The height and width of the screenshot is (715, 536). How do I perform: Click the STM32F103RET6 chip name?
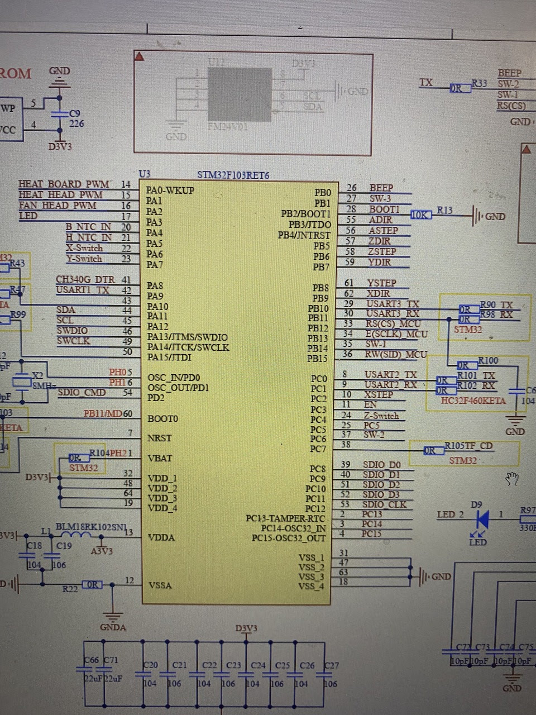(x=233, y=175)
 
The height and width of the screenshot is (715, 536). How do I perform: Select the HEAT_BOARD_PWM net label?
(x=64, y=184)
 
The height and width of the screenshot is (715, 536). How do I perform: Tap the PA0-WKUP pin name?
(x=170, y=190)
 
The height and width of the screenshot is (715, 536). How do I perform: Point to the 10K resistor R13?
(x=421, y=214)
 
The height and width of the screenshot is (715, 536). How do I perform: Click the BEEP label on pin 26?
(x=381, y=188)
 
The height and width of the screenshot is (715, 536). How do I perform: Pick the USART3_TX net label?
(x=393, y=304)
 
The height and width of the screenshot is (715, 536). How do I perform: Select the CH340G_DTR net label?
(x=85, y=279)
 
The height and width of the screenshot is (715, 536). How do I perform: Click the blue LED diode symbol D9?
(x=482, y=519)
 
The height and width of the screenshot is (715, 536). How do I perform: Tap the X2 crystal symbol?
(x=22, y=382)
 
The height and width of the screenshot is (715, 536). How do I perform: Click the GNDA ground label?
(x=113, y=627)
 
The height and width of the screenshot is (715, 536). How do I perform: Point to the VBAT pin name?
(x=160, y=458)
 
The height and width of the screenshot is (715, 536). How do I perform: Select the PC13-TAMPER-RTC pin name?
(x=285, y=518)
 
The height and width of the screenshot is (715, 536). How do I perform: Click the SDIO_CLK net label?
(x=385, y=504)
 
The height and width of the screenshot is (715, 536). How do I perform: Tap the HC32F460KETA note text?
(x=473, y=401)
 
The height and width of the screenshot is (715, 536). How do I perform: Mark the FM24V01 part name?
(x=227, y=127)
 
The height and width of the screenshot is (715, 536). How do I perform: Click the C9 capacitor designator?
(x=74, y=113)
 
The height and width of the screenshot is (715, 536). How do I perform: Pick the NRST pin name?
(x=160, y=438)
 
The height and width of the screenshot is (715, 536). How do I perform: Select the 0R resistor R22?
(x=92, y=584)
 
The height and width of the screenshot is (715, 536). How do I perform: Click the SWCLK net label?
(x=73, y=341)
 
